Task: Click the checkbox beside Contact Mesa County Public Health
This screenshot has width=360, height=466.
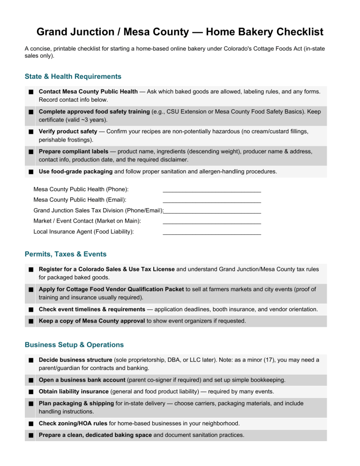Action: pos(30,92)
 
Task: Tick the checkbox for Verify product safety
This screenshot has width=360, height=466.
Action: pos(30,132)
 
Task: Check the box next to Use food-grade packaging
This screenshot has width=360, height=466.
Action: pos(30,172)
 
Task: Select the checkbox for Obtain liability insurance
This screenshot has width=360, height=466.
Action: pos(30,392)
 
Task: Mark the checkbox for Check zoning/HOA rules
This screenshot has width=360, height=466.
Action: pos(30,424)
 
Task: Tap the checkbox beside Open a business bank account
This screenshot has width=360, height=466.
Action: pos(30,380)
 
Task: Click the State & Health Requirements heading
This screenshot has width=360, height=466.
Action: pos(73,76)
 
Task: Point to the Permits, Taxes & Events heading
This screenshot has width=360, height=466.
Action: pos(65,254)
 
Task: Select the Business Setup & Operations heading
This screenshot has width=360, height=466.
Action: pos(74,345)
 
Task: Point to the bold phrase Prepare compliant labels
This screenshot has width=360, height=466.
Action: pos(74,151)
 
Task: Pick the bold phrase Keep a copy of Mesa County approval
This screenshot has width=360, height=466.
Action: pos(92,321)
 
